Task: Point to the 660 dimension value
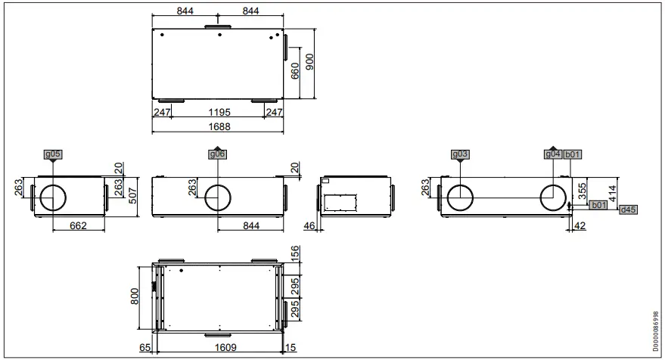click(295, 70)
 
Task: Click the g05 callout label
click(52, 154)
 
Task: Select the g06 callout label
click(217, 154)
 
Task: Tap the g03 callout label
click(460, 154)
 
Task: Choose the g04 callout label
click(553, 154)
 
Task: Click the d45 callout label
click(628, 209)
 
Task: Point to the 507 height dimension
click(130, 197)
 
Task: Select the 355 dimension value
click(583, 190)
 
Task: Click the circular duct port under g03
click(460, 198)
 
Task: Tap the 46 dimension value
click(309, 225)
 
